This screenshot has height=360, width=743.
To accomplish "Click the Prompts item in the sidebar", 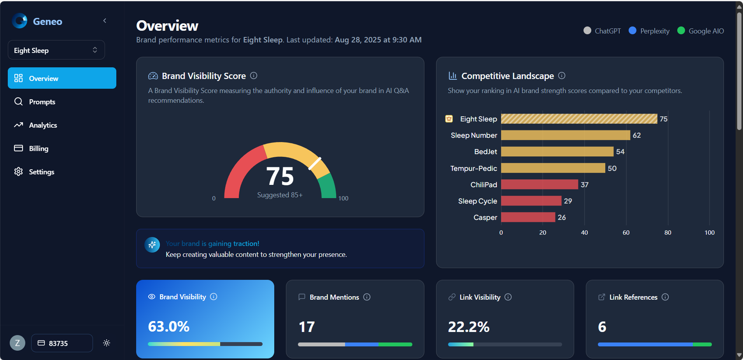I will [42, 102].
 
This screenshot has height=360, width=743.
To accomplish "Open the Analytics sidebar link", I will [43, 125].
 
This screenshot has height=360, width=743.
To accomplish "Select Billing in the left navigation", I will [39, 149].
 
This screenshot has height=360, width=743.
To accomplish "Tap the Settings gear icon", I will [18, 172].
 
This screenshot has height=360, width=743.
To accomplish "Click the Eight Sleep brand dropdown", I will [56, 50].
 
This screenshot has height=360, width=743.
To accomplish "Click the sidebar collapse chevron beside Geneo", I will [105, 21].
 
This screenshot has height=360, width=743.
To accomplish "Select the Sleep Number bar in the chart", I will [565, 135].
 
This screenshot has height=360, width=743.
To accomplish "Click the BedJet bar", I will [557, 152].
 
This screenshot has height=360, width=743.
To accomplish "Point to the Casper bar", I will [528, 217].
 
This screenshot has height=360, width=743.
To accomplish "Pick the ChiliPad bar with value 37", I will [539, 184].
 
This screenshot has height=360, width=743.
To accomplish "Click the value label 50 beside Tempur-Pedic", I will [612, 169].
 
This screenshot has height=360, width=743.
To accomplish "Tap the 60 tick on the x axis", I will [626, 233].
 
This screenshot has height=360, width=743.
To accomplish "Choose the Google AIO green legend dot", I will [681, 30].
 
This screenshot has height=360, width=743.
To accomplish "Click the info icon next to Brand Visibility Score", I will [254, 76].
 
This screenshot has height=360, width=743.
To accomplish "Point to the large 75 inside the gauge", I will [280, 176].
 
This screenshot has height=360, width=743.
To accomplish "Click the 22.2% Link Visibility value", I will [469, 327].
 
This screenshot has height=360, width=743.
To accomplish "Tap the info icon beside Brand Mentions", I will [367, 297].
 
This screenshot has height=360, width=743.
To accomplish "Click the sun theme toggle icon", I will [107, 343].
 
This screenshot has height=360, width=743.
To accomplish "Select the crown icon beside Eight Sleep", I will [449, 119].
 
